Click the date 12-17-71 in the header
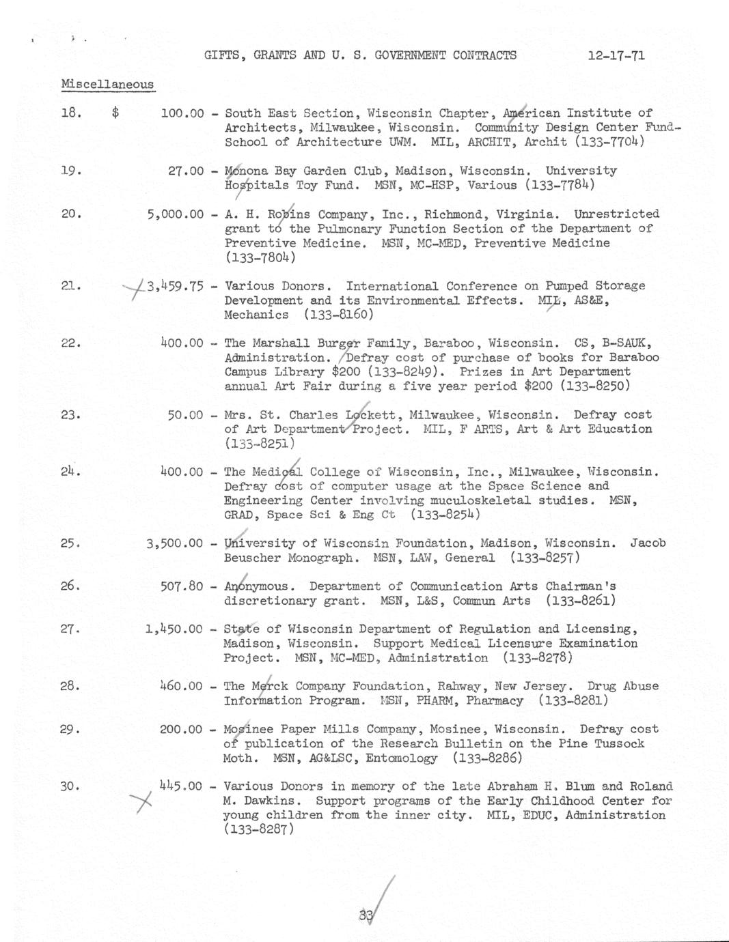[x=616, y=55]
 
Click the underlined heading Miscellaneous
[x=107, y=85]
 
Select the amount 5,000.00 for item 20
[x=175, y=214]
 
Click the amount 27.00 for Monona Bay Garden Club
[x=186, y=171]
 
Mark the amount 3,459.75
[x=175, y=286]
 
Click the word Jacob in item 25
[x=647, y=543]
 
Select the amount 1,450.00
[x=174, y=629]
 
